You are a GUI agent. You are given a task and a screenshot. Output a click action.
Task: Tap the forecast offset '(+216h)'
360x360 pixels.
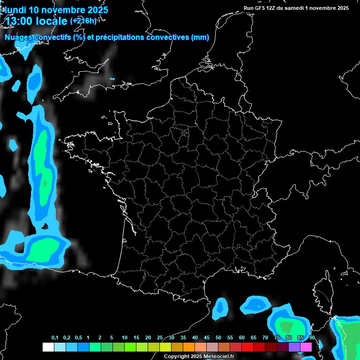coord(83,21)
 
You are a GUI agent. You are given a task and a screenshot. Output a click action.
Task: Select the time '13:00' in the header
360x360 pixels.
coord(22,22)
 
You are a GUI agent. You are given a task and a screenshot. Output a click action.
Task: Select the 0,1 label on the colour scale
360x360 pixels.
coord(55,338)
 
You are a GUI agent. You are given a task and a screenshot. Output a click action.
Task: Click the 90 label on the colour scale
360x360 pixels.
coord(312,338)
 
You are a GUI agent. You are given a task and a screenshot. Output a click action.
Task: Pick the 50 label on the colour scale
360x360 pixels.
coord(218,338)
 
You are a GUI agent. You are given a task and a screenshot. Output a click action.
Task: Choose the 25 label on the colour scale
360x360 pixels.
coord(160,338)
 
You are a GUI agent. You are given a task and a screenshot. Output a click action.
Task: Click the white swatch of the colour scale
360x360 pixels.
coord(48,347)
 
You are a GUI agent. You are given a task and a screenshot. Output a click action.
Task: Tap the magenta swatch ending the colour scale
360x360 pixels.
coord(306,347)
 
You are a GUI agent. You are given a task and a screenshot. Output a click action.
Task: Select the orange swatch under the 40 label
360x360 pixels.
coord(188,347)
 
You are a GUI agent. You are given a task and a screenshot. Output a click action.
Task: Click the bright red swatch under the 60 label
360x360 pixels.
coord(247,347)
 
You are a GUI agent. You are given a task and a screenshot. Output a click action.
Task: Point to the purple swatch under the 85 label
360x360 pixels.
coord(294,347)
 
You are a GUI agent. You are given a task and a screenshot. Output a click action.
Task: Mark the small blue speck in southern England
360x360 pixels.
coord(112,79)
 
